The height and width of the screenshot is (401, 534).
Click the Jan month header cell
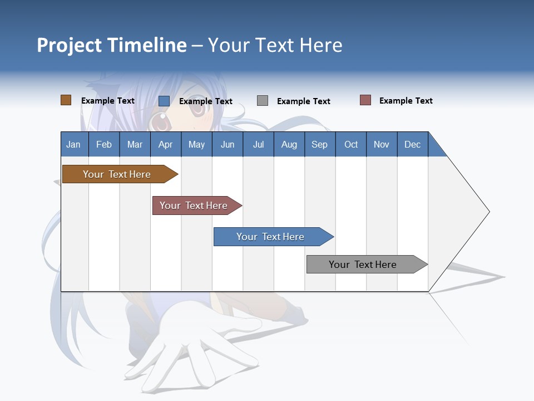[x=74, y=144]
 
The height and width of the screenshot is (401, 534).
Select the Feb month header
[x=104, y=144]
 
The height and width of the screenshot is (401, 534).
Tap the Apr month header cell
[x=166, y=144]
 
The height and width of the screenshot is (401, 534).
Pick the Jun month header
[x=228, y=144]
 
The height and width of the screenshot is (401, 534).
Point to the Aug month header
[x=289, y=144]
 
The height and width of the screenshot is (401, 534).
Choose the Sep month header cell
[x=320, y=144]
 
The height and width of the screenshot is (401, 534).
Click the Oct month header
[x=351, y=144]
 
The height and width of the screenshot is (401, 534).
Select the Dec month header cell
[x=413, y=144]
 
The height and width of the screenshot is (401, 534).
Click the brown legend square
[x=66, y=100]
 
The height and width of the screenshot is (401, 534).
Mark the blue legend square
[x=164, y=101]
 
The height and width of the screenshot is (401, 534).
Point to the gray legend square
[x=263, y=101]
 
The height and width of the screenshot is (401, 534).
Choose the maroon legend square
[x=365, y=100]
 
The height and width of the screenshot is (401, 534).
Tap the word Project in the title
[x=69, y=45]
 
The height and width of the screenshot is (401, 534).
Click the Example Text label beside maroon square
[x=406, y=101]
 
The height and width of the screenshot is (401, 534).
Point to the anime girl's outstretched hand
[x=195, y=340]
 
